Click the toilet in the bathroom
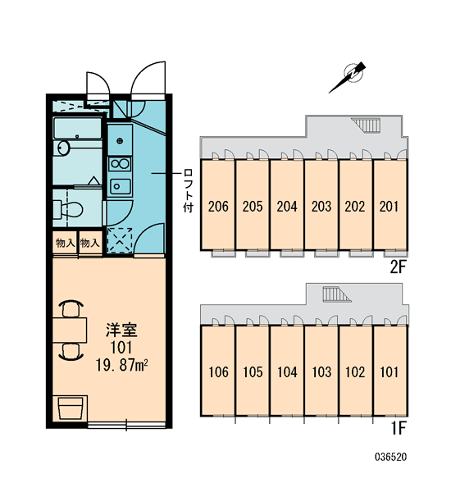(68, 209)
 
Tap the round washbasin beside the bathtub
(63, 148)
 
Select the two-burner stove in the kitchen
(120, 164)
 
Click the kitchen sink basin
(120, 186)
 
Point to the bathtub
(77, 129)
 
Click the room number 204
(287, 207)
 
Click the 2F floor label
(399, 267)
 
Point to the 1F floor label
(399, 428)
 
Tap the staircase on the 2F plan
(366, 125)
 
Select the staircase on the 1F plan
(336, 294)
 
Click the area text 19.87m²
(122, 365)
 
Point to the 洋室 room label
(121, 330)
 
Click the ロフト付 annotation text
(188, 191)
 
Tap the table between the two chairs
(70, 330)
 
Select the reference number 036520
(391, 457)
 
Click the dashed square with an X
(120, 240)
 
